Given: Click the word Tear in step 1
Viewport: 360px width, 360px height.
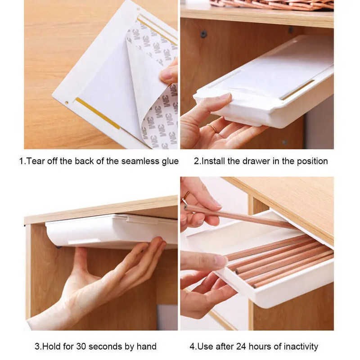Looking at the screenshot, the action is pyautogui.click(x=36, y=161).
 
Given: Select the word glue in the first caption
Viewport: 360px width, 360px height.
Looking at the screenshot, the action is pyautogui.click(x=170, y=162).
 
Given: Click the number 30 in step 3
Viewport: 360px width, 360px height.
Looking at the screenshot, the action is pyautogui.click(x=81, y=346).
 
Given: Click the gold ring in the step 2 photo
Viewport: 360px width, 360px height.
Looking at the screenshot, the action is pyautogui.click(x=212, y=128).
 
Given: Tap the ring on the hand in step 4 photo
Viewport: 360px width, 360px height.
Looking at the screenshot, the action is pyautogui.click(x=186, y=196).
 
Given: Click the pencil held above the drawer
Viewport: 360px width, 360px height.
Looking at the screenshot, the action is pyautogui.click(x=239, y=217).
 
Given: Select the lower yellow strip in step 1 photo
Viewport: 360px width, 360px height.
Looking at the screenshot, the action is pyautogui.click(x=98, y=113).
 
